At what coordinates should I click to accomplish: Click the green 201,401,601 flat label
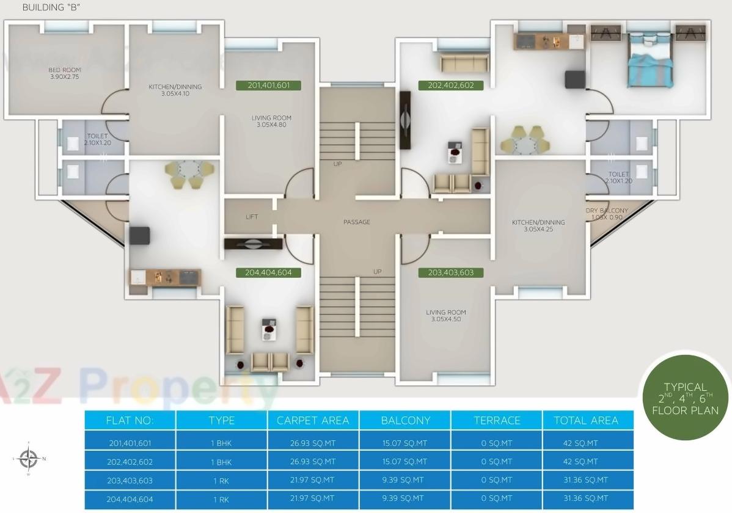point(269,85)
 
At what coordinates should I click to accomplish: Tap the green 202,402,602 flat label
point(451,85)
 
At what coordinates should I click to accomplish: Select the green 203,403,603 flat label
point(451,272)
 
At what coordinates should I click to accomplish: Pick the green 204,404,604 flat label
point(268,272)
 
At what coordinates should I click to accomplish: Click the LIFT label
point(252,217)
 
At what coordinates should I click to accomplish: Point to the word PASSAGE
point(357,222)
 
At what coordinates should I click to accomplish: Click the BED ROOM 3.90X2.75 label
point(64,73)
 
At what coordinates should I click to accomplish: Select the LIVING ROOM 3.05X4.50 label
point(446,316)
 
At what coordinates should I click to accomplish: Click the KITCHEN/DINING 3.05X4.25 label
point(538,226)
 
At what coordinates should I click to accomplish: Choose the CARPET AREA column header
point(313,420)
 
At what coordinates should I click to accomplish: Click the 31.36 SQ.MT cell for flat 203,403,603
point(585,480)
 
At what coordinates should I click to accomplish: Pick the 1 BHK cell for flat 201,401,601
point(221,443)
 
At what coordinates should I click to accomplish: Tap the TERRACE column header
point(497,420)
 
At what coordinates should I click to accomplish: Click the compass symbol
point(29,457)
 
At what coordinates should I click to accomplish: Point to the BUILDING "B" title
point(51,8)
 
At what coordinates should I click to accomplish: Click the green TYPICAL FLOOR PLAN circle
point(685,398)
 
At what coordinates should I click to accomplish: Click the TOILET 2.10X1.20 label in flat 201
point(97,139)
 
